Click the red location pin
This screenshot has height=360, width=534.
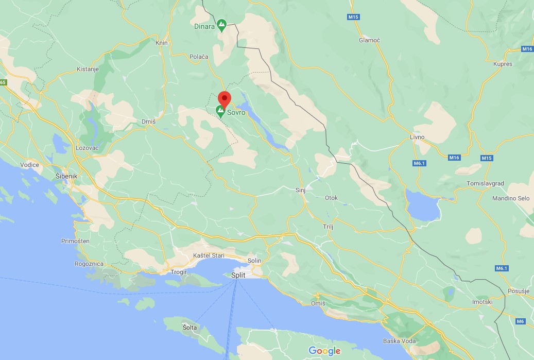[224, 98]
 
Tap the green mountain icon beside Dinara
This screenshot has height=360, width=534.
[222, 24]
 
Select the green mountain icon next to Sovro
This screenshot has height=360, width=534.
[220, 110]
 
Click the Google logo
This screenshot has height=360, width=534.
[324, 351]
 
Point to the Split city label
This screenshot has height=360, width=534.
[238, 275]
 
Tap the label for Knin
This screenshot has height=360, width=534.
[162, 43]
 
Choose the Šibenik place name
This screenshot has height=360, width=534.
[66, 176]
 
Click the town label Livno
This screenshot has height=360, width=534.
[416, 137]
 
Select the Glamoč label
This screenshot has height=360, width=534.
[369, 40]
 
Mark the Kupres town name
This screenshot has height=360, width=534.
[503, 64]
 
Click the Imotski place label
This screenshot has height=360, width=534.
[483, 302]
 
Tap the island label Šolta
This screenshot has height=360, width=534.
[190, 328]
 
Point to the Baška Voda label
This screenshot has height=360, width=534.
[399, 341]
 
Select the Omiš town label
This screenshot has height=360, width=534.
[318, 303]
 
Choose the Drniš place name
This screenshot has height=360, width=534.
[148, 122]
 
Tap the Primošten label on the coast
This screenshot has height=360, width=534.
[75, 241]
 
